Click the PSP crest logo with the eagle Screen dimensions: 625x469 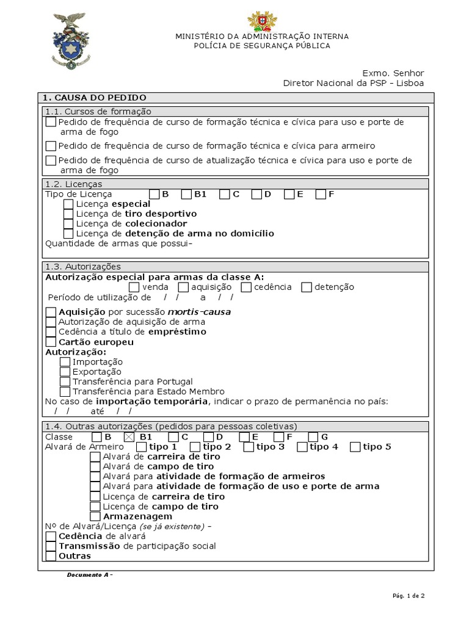pos(69,41)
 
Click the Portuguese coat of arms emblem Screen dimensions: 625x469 pos(262,21)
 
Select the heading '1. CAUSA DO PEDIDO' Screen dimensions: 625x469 pos(95,98)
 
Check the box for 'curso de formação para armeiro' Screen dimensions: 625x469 pos(51,146)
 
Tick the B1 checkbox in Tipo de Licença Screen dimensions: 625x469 pos(186,194)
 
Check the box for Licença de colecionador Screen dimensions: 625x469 pos(68,223)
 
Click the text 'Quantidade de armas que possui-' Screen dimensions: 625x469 pos(119,244)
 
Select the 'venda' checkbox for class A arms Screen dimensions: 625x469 pos(134,287)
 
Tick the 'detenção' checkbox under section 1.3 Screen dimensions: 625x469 pos(307,287)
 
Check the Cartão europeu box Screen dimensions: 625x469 pos(51,342)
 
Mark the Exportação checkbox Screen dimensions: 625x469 pos(65,372)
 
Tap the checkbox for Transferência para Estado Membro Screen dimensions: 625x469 pos(65,391)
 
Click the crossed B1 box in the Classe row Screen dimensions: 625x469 pos(129,436)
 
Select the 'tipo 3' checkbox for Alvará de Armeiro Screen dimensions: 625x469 pos(249,447)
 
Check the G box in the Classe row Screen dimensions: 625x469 pos(313,436)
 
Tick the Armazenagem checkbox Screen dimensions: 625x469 pos(95,516)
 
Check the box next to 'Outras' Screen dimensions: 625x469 pos(51,556)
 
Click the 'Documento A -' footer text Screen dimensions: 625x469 pos(90,575)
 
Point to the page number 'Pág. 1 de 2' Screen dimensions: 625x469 pos(407,596)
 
